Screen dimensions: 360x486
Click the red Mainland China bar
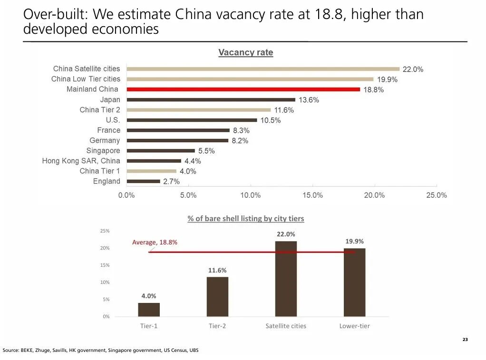(243, 89)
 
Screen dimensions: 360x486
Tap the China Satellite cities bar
(263, 69)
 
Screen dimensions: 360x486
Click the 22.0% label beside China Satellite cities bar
(413, 69)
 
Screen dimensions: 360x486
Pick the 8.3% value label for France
(241, 130)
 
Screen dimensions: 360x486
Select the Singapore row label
(103, 151)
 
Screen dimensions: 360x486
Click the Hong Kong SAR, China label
(81, 161)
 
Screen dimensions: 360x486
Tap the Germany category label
(105, 140)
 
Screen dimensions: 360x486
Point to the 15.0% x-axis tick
(312, 195)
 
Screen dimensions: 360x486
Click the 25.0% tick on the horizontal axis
(437, 195)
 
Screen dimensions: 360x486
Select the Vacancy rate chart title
(246, 52)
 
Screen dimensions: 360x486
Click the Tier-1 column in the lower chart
(149, 310)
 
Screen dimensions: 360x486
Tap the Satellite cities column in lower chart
(286, 279)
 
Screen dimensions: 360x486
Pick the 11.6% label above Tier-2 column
(217, 270)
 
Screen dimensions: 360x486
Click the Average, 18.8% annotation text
(155, 243)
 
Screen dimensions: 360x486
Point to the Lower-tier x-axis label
(354, 326)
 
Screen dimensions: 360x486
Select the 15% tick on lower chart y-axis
(105, 265)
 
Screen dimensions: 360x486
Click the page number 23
(465, 340)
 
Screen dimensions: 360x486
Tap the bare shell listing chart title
(246, 219)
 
